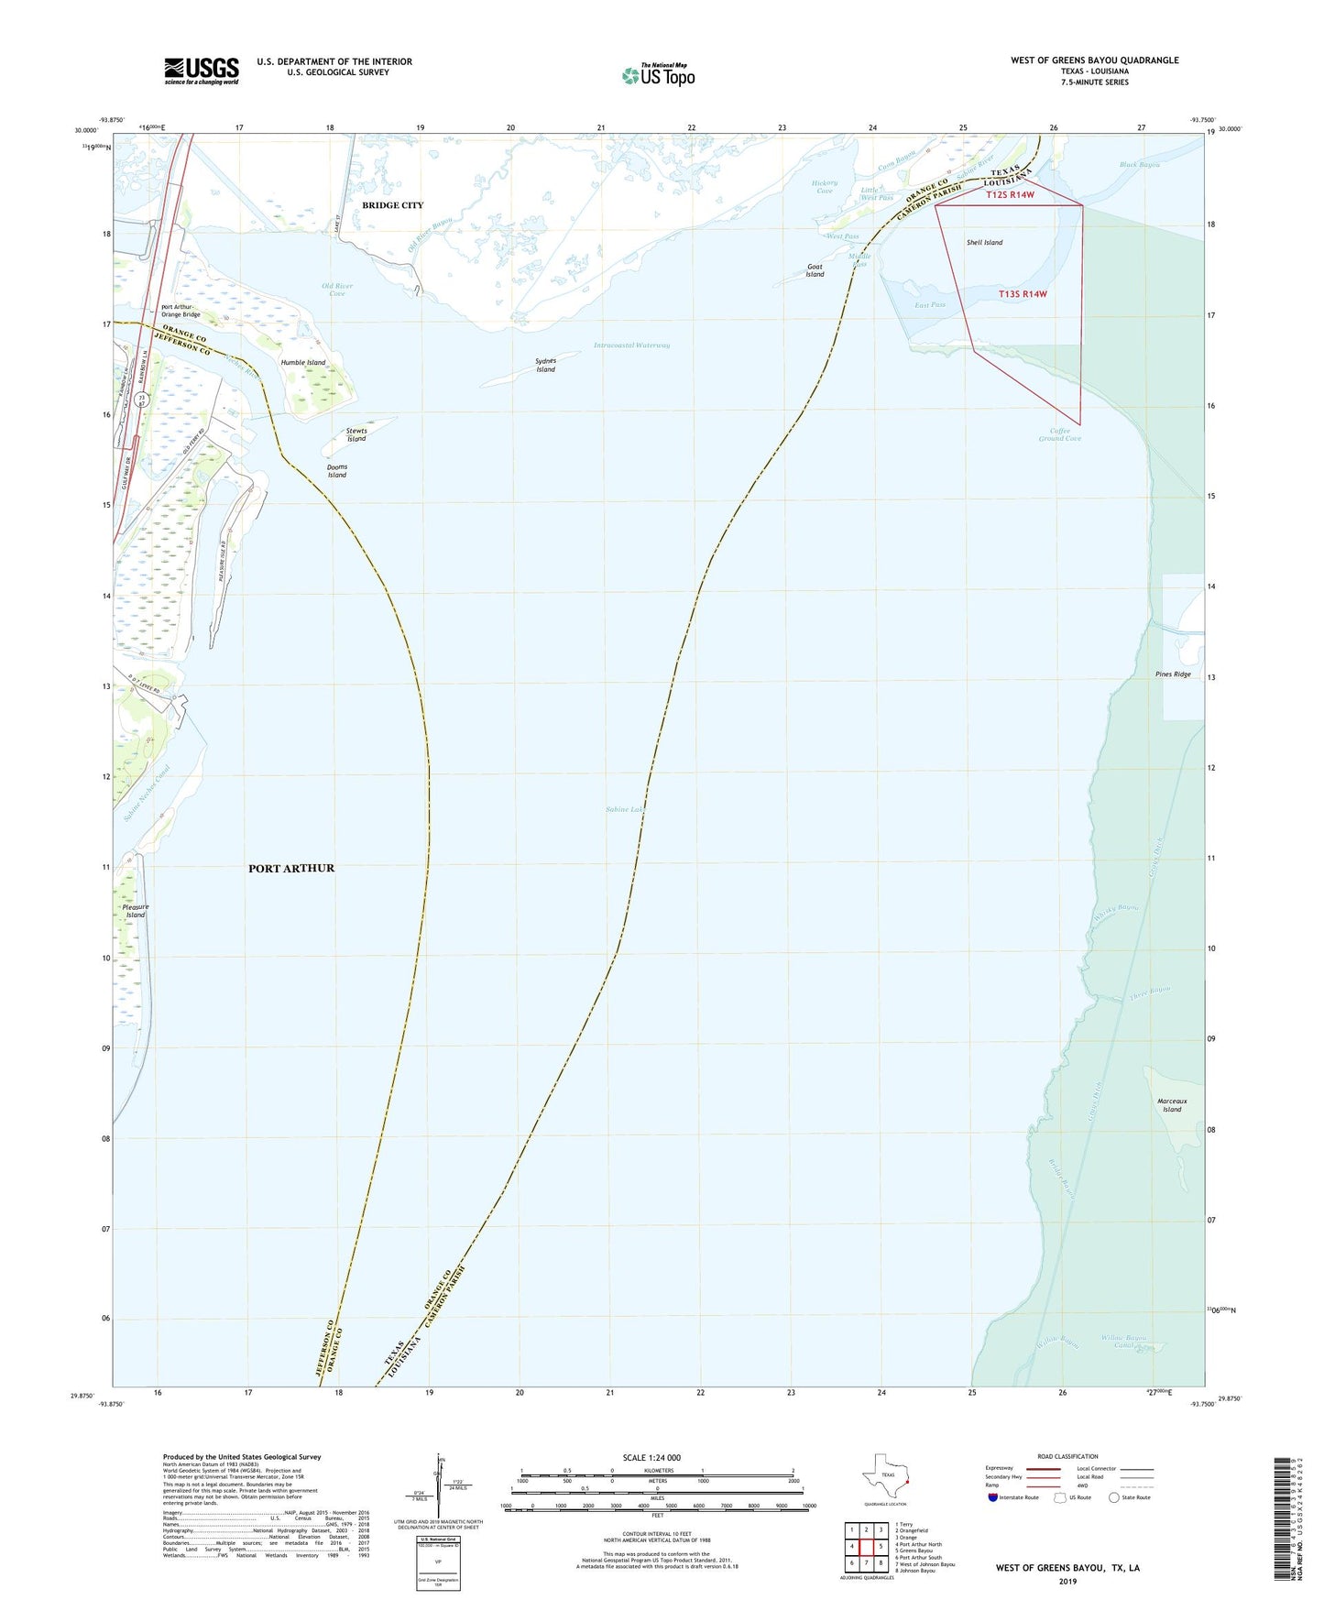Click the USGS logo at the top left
click(202, 71)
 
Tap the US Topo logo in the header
click(658, 75)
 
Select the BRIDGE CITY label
click(392, 205)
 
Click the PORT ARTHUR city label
click(291, 868)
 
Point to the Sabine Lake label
click(626, 809)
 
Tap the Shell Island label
click(984, 243)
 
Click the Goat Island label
click(815, 270)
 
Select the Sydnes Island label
click(545, 365)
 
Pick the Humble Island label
click(303, 363)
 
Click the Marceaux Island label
click(1172, 1105)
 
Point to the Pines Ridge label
click(1173, 674)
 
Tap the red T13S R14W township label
click(1022, 294)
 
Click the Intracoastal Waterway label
click(631, 345)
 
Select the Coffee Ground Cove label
click(1059, 434)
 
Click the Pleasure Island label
click(136, 911)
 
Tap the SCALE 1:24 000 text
click(651, 1457)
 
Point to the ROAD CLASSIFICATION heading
click(1067, 1456)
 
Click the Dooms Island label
click(337, 471)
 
